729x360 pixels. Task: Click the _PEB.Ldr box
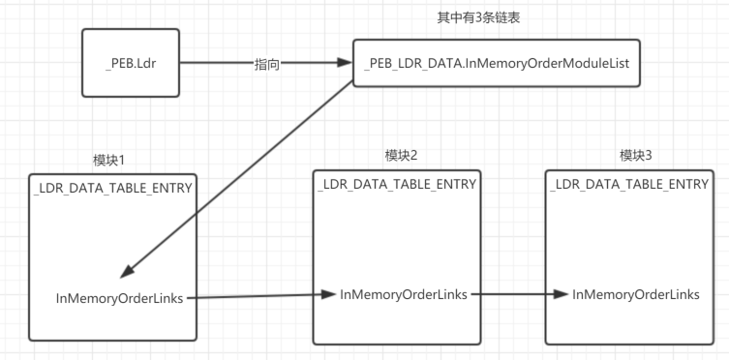[130, 64]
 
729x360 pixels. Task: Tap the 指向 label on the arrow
[267, 65]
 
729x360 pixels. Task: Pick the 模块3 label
[635, 156]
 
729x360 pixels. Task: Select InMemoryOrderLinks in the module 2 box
[404, 293]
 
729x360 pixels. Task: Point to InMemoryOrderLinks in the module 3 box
[636, 294]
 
